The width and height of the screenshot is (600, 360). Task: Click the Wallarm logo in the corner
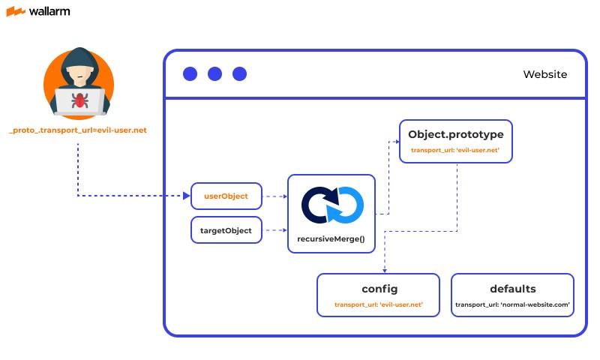(39, 13)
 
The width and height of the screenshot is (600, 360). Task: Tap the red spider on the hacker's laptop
(77, 99)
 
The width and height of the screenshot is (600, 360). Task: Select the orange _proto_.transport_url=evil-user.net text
(78, 130)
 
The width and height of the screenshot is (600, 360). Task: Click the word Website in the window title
(544, 74)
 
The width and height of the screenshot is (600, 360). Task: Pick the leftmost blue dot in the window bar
(190, 73)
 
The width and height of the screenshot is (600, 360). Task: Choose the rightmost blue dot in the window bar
(239, 73)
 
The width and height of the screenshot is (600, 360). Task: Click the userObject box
(226, 196)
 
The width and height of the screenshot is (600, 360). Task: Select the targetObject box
(226, 230)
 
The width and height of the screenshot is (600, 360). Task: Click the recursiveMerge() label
(331, 238)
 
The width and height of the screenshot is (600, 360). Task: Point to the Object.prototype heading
(455, 135)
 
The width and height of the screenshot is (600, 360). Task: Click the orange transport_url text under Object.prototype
(455, 151)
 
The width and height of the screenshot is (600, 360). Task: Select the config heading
(379, 289)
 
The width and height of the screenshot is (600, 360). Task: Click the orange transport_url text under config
(379, 305)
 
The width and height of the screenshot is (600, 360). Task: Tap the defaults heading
(513, 289)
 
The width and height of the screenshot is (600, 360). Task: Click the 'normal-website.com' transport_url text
(513, 305)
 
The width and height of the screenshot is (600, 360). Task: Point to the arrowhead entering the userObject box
(187, 196)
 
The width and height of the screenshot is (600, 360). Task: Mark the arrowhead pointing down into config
(385, 270)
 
